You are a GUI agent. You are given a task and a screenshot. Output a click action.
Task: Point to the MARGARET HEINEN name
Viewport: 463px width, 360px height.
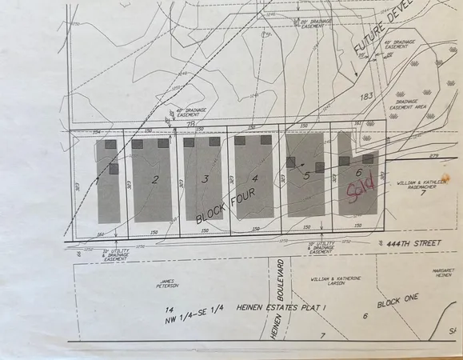446,274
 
